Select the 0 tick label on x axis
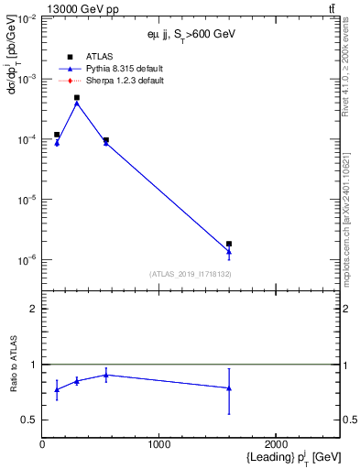pyautogui.click(x=42, y=444)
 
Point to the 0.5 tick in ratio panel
pyautogui.click(x=29, y=420)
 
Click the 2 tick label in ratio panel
pyautogui.click(x=33, y=309)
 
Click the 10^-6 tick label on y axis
pyautogui.click(x=25, y=260)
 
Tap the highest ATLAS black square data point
pyautogui.click(x=77, y=97)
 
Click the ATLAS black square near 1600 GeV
pyautogui.click(x=229, y=244)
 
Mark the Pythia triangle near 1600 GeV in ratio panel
pyautogui.click(x=229, y=388)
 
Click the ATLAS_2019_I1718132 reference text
pyautogui.click(x=190, y=274)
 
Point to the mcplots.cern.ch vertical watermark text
pyautogui.click(x=349, y=229)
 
